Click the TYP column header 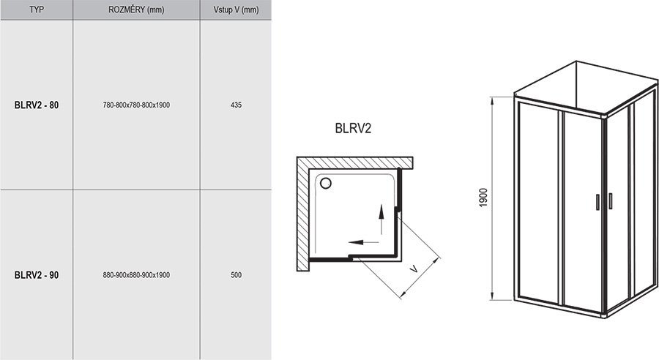click(36, 10)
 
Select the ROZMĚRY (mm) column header click(135, 10)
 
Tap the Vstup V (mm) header click(235, 10)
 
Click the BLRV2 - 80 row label click(37, 105)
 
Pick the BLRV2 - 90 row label click(37, 275)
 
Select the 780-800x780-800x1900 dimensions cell click(136, 105)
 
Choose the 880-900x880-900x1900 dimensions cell click(136, 275)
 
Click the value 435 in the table click(235, 105)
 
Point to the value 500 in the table click(235, 275)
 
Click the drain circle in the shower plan click(326, 184)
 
